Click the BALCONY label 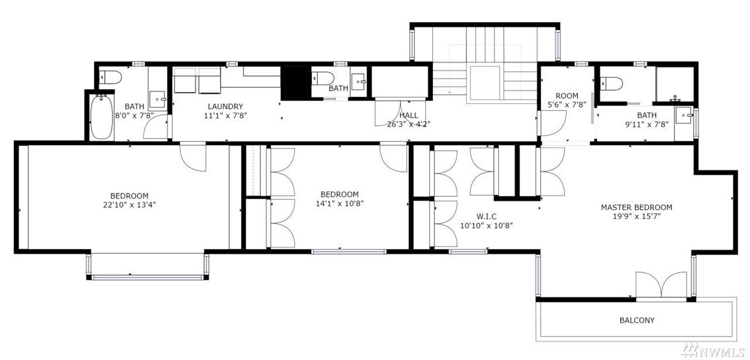point(637,320)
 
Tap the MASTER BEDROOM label point(636,208)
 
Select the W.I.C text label point(487,216)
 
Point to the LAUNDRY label point(225,107)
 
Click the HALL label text point(409,115)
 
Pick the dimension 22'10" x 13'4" point(129,205)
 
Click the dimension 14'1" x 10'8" point(340,203)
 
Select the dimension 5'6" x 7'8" point(567,105)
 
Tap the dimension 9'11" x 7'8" point(647,124)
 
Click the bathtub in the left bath point(101,117)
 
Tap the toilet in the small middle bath point(323,79)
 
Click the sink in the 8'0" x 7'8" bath point(158,100)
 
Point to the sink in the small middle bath point(359,81)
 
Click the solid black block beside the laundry point(296,83)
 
